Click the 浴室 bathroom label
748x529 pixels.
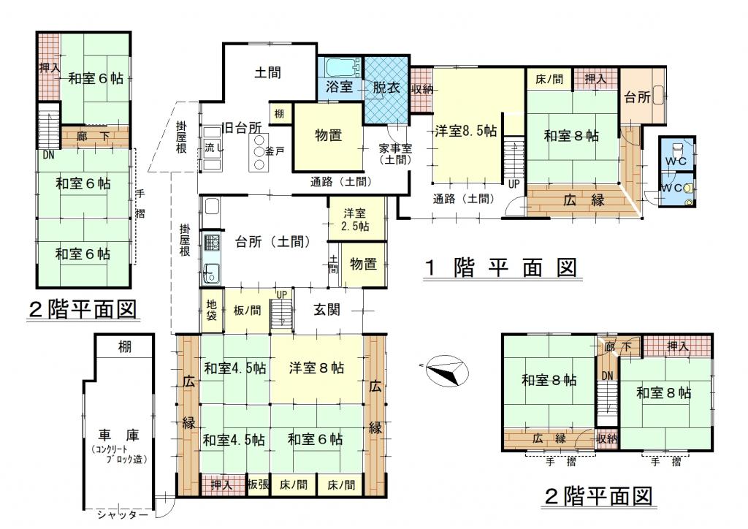[339, 87]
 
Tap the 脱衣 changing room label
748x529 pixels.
[386, 88]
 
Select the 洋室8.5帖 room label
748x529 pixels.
[465, 131]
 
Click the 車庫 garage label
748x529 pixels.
[119, 435]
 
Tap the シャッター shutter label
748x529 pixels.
[123, 514]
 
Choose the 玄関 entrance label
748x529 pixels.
[327, 310]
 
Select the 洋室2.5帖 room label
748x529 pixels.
[355, 219]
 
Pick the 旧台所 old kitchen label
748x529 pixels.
[243, 128]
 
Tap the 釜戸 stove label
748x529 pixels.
[275, 151]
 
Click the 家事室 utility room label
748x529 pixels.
[395, 149]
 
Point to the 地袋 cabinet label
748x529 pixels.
[212, 310]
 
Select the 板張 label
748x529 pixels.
[259, 485]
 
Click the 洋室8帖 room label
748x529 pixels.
[316, 368]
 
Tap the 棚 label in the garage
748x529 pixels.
[125, 347]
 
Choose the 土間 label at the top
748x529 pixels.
[267, 72]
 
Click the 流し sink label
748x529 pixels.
[214, 148]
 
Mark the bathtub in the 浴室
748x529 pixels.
[342, 67]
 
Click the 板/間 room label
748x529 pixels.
[247, 311]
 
